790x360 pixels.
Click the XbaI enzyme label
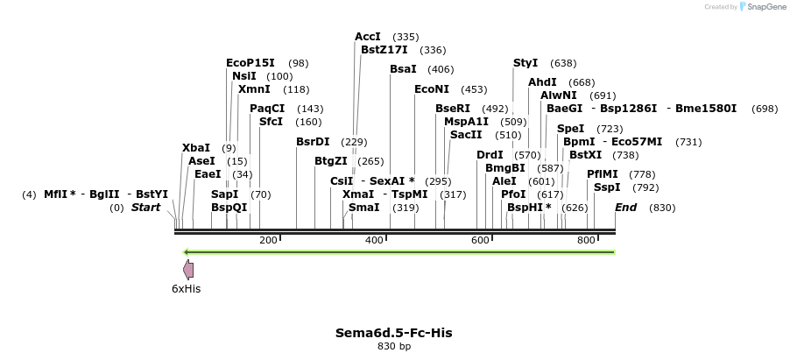tap(196, 148)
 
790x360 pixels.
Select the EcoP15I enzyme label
tap(250, 63)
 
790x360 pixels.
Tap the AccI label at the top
tap(368, 37)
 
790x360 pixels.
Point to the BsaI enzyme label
tap(404, 69)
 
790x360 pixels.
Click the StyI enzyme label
tap(525, 63)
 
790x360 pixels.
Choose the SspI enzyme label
tap(607, 187)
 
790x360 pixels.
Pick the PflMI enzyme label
tap(603, 174)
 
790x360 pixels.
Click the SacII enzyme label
tap(466, 135)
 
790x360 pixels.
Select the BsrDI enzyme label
tap(313, 142)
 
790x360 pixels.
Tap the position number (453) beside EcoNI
tap(474, 89)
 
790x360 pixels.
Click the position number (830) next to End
tap(662, 208)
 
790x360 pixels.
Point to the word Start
tap(146, 208)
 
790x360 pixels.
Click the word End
tap(626, 208)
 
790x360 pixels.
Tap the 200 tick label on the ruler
tap(268, 240)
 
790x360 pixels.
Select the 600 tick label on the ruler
tap(480, 240)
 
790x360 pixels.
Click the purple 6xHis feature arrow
tap(188, 270)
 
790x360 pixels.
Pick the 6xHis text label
tap(186, 288)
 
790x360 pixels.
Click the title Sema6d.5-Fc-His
tap(394, 333)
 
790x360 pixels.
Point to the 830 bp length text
tap(394, 347)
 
